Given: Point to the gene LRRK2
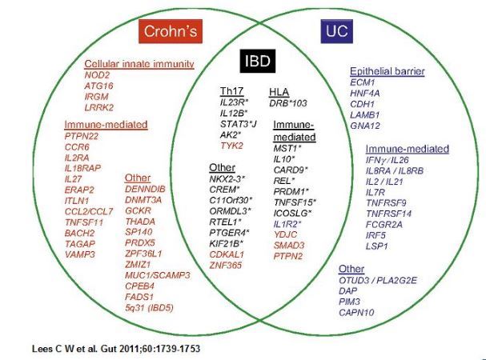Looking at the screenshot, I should [101, 106].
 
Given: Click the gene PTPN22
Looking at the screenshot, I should [82, 137].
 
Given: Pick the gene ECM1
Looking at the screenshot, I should [362, 82].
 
